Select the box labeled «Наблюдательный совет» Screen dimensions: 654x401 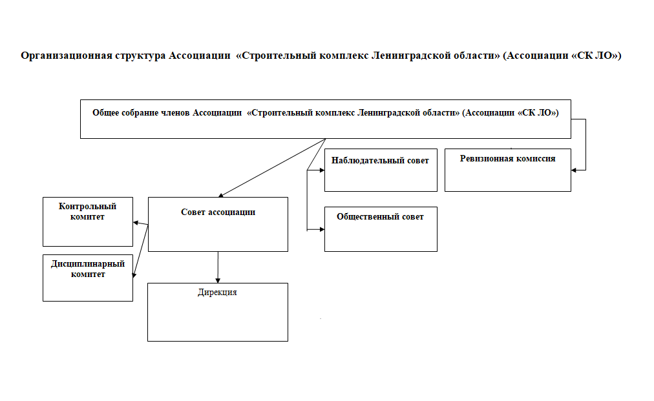pyautogui.click(x=381, y=170)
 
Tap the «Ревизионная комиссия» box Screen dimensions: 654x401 pyautogui.click(x=507, y=170)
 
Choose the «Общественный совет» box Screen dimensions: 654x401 pyautogui.click(x=381, y=229)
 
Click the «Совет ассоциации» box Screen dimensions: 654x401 pyautogui.click(x=218, y=224)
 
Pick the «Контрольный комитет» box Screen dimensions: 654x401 pyautogui.click(x=88, y=221)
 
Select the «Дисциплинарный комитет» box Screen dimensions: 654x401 pyautogui.click(x=88, y=278)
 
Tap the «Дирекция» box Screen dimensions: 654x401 pyautogui.click(x=217, y=313)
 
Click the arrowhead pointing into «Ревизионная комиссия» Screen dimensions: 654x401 pyautogui.click(x=574, y=170)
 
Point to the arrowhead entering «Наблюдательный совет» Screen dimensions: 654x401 pyautogui.click(x=322, y=170)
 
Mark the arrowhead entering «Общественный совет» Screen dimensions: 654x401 pyautogui.click(x=322, y=229)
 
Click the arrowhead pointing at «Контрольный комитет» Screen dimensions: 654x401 pyautogui.click(x=136, y=223)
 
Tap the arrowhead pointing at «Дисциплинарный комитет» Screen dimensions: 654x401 pyautogui.click(x=134, y=275)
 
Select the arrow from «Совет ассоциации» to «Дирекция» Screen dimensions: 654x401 pyautogui.click(x=218, y=267)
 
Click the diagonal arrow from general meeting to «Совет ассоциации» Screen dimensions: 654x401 pyautogui.click(x=272, y=168)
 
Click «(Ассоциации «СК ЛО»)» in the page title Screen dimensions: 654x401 pyautogui.click(x=562, y=56)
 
